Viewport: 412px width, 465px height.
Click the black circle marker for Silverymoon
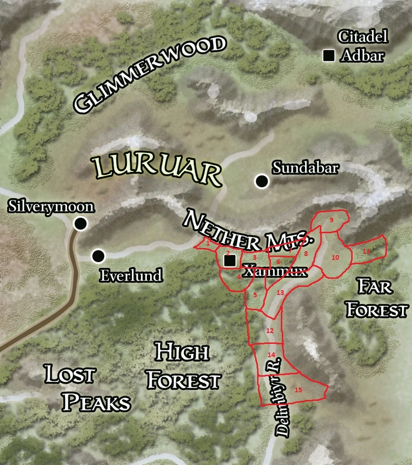(81, 223)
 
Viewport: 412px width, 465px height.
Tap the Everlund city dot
(98, 256)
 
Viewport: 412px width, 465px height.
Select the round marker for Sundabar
(261, 181)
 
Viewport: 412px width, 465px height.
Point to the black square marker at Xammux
(230, 260)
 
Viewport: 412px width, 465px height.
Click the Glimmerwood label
(149, 75)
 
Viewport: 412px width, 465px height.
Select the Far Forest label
(376, 299)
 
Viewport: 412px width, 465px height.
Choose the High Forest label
(183, 366)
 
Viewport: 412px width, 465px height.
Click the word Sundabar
(305, 168)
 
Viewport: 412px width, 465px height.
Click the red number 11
(366, 251)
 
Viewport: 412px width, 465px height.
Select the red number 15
(298, 390)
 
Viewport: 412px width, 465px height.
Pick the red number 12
(269, 331)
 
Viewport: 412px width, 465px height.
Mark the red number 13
(280, 293)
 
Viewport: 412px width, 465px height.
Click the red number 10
(335, 257)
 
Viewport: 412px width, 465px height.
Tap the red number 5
(255, 295)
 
